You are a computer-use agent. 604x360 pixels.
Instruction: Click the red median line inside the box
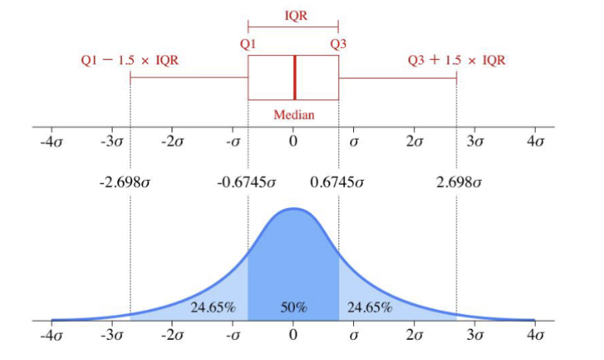294,78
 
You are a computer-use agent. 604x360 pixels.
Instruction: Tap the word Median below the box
294,115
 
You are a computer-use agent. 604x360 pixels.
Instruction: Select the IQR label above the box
293,15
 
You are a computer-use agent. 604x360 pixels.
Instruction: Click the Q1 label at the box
248,44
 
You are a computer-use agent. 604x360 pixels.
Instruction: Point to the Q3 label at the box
338,44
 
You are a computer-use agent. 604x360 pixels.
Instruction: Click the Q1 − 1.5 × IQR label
130,60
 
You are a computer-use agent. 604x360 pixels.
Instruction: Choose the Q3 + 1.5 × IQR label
456,60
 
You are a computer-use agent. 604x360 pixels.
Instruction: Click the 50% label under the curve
293,307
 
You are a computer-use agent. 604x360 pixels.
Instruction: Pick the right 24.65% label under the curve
370,307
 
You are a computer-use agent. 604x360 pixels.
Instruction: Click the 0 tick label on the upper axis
293,142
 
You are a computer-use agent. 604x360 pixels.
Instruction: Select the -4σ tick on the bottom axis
51,336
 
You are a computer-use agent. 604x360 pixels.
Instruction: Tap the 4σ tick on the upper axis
536,142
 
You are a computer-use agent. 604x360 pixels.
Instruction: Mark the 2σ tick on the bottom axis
415,336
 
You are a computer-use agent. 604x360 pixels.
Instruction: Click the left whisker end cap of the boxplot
130,78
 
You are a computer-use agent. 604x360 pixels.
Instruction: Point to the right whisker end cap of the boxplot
456,78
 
